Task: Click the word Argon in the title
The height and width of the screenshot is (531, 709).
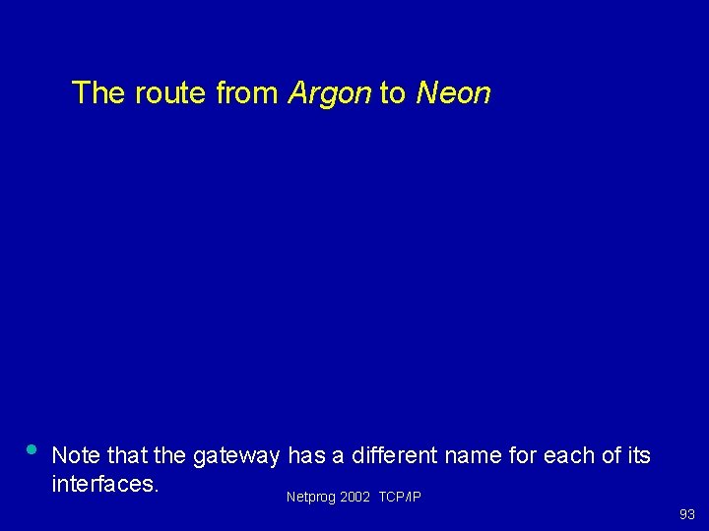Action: pyautogui.click(x=329, y=94)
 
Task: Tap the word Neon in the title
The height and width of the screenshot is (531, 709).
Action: pyautogui.click(x=453, y=93)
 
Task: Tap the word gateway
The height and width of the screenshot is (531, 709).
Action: pyautogui.click(x=237, y=457)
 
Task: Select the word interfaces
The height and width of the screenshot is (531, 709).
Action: pyautogui.click(x=105, y=485)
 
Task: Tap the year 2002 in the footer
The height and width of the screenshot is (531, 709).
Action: pyautogui.click(x=354, y=498)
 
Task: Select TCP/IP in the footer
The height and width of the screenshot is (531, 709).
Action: pyautogui.click(x=400, y=498)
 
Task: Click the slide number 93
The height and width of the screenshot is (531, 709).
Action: pyautogui.click(x=686, y=514)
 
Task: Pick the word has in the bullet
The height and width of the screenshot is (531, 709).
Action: pyautogui.click(x=305, y=456)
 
